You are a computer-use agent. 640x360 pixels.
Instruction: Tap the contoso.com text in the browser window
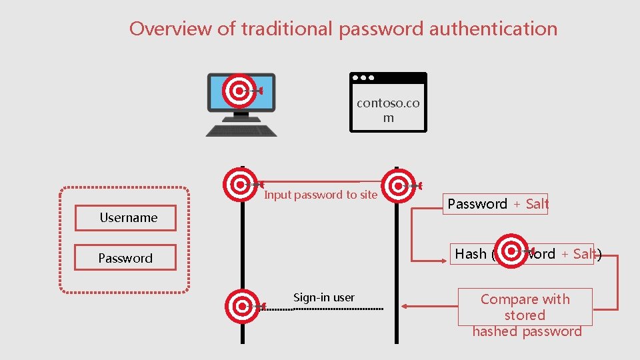pyautogui.click(x=388, y=110)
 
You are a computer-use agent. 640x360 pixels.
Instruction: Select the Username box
pyautogui.click(x=127, y=218)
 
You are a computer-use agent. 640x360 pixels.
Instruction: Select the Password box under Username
pyautogui.click(x=125, y=258)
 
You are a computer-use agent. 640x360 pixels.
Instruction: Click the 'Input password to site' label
pyautogui.click(x=321, y=195)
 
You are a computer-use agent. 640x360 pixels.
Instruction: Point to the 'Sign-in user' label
pyautogui.click(x=324, y=297)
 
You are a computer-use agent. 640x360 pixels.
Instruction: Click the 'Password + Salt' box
pyautogui.click(x=497, y=204)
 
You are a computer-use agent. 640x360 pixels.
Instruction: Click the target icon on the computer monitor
pyautogui.click(x=239, y=91)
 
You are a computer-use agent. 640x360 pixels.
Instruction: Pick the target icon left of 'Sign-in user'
pyautogui.click(x=241, y=306)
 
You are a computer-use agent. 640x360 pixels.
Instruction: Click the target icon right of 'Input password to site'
pyautogui.click(x=399, y=185)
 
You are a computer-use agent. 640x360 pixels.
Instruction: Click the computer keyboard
pyautogui.click(x=241, y=129)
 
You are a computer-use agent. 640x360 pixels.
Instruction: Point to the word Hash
pyautogui.click(x=471, y=254)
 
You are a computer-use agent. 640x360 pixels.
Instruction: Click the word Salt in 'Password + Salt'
pyautogui.click(x=537, y=204)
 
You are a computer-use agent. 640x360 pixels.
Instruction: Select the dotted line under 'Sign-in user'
pyautogui.click(x=339, y=309)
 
